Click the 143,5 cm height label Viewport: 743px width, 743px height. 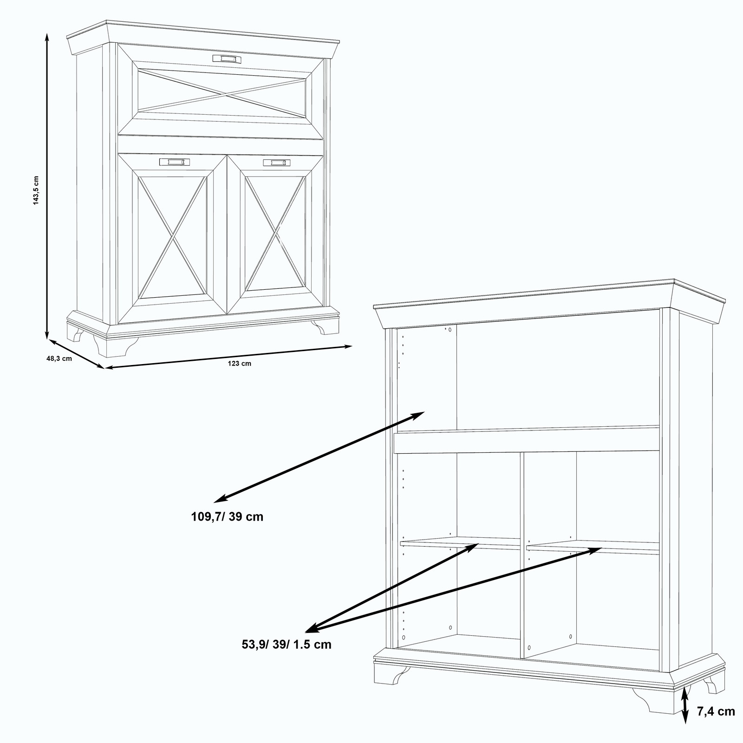tap(36, 190)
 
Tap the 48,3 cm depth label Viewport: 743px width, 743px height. tap(59, 358)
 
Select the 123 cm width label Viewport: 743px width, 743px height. tap(240, 363)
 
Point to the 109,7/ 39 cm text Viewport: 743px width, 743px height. tap(227, 516)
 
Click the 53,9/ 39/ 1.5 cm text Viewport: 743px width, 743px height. tap(287, 645)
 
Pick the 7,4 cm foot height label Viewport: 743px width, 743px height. tap(716, 711)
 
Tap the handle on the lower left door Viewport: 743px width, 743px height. tap(174, 162)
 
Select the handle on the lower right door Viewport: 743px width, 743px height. tap(277, 163)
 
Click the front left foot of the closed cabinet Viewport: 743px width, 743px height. tap(115, 345)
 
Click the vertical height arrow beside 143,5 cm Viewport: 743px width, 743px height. tap(47, 186)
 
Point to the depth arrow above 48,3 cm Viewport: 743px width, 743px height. tap(76, 354)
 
